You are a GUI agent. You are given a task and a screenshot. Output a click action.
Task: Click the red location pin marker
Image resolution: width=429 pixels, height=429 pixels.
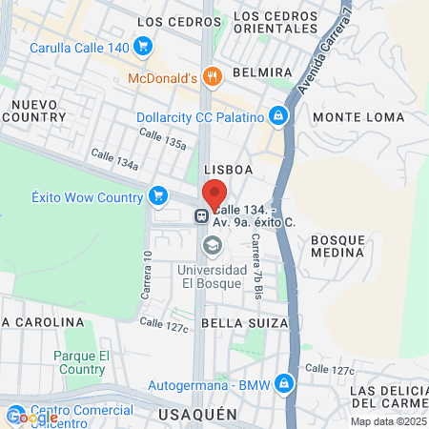214,193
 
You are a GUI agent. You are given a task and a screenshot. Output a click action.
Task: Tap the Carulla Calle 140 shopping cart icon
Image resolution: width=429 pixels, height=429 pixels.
143,46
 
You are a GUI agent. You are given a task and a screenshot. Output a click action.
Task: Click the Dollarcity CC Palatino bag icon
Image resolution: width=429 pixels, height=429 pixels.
278,116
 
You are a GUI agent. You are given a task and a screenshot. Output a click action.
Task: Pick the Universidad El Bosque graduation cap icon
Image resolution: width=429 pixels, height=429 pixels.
212,247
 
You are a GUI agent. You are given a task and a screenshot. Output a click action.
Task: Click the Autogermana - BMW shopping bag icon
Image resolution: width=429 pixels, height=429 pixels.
282,384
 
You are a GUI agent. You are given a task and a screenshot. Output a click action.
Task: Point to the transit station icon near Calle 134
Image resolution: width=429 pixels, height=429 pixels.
202,215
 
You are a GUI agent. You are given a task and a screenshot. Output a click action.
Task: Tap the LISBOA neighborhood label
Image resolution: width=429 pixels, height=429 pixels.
229,169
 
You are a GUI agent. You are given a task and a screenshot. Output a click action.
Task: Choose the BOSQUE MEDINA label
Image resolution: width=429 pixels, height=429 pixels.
337,245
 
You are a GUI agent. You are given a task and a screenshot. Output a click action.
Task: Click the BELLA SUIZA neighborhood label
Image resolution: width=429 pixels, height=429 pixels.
245,324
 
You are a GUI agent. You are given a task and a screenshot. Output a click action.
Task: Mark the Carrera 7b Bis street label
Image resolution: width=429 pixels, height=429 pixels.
255,262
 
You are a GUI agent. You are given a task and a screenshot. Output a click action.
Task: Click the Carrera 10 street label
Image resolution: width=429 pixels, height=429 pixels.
147,276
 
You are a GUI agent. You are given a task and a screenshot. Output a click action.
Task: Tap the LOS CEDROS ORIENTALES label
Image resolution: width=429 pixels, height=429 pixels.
272,28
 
